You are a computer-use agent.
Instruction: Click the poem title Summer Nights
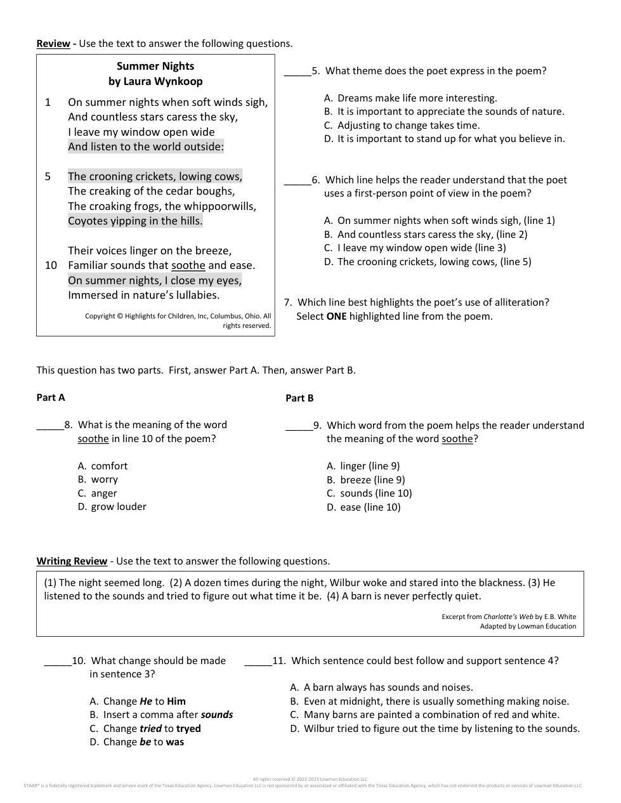155,66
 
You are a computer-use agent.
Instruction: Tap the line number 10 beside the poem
51,265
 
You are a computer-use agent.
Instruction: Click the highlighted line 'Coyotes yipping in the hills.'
135,221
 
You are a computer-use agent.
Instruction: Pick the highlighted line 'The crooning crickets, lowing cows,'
155,176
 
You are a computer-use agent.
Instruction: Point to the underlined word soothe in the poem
188,265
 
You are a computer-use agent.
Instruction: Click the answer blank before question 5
297,72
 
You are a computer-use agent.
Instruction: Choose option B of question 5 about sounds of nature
450,112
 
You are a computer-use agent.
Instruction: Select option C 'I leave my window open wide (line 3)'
421,248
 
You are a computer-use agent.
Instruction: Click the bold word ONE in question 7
336,316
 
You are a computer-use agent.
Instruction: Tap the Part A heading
51,398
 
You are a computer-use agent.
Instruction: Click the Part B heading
299,398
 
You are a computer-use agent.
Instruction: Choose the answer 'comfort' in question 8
109,466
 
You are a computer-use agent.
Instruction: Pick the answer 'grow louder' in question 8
118,507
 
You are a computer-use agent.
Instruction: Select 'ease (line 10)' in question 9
370,507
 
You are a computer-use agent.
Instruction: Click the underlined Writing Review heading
72,561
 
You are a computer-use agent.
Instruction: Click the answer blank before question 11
258,662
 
